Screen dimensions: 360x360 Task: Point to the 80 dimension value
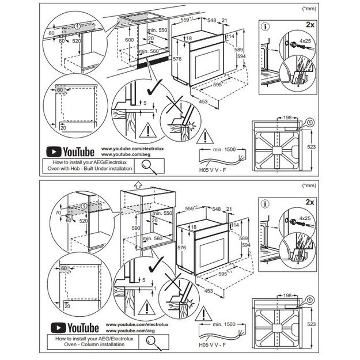pos(51,33)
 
